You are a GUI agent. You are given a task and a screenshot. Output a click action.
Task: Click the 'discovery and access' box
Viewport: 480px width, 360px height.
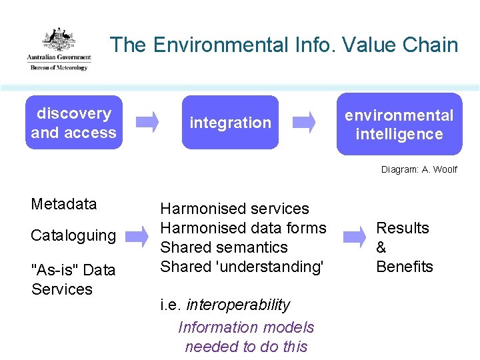tap(73, 123)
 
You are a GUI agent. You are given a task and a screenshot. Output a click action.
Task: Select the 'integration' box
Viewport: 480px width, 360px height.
tap(231, 123)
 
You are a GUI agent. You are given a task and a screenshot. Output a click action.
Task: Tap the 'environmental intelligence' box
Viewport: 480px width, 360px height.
tap(399, 125)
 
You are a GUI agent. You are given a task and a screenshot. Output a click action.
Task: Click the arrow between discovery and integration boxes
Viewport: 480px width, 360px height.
tap(147, 121)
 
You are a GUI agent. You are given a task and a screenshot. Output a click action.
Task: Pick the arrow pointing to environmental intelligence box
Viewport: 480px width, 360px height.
tap(305, 121)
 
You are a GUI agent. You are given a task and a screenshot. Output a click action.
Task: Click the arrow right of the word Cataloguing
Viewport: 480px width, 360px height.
tap(137, 235)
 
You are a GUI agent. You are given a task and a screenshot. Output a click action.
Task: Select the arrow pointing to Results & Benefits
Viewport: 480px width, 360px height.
tap(354, 235)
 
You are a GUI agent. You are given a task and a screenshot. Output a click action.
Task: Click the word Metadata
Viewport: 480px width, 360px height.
tap(64, 204)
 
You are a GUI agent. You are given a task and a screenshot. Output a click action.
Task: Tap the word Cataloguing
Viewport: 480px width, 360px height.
tap(73, 235)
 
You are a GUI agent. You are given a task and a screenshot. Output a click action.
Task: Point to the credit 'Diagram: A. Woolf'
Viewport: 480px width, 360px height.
tap(419, 169)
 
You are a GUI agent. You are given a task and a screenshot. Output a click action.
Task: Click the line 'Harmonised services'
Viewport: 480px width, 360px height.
tap(235, 209)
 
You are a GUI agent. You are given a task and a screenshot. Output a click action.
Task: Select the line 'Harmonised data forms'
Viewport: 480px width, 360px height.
tap(243, 228)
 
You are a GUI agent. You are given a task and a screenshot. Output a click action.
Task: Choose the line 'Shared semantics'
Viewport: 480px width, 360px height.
tap(224, 247)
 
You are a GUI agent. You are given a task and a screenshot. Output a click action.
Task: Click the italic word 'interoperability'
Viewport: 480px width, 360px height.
tap(238, 305)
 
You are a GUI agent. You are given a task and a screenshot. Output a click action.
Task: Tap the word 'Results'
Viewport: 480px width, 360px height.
tap(403, 228)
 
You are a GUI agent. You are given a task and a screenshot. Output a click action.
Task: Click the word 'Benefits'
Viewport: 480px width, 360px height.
tap(405, 267)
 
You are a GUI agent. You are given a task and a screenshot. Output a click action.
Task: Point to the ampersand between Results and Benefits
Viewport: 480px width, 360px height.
tap(381, 247)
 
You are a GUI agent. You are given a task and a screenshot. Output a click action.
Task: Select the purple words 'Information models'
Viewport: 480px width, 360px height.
tap(246, 327)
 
